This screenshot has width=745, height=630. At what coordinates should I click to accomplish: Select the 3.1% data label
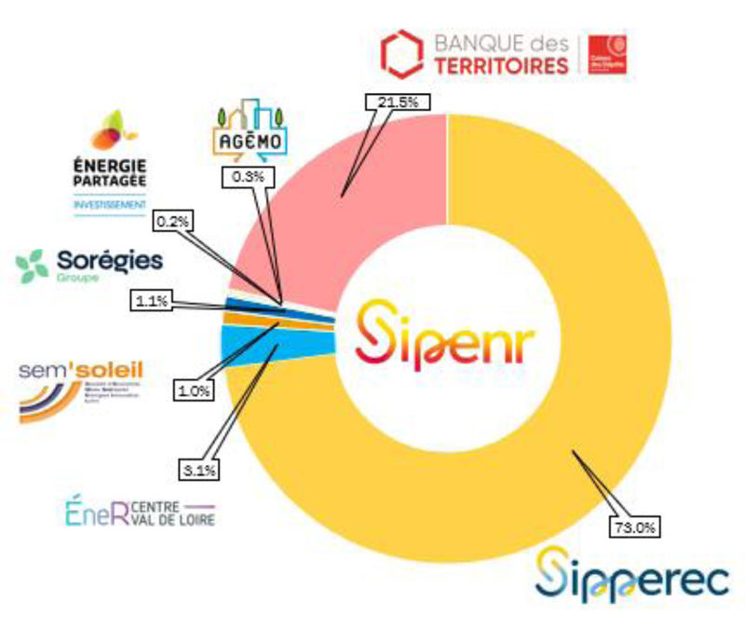click(x=198, y=472)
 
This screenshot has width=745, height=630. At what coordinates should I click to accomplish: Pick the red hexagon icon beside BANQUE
click(x=401, y=54)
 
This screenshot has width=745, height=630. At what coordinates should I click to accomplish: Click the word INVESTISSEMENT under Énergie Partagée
click(x=110, y=203)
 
